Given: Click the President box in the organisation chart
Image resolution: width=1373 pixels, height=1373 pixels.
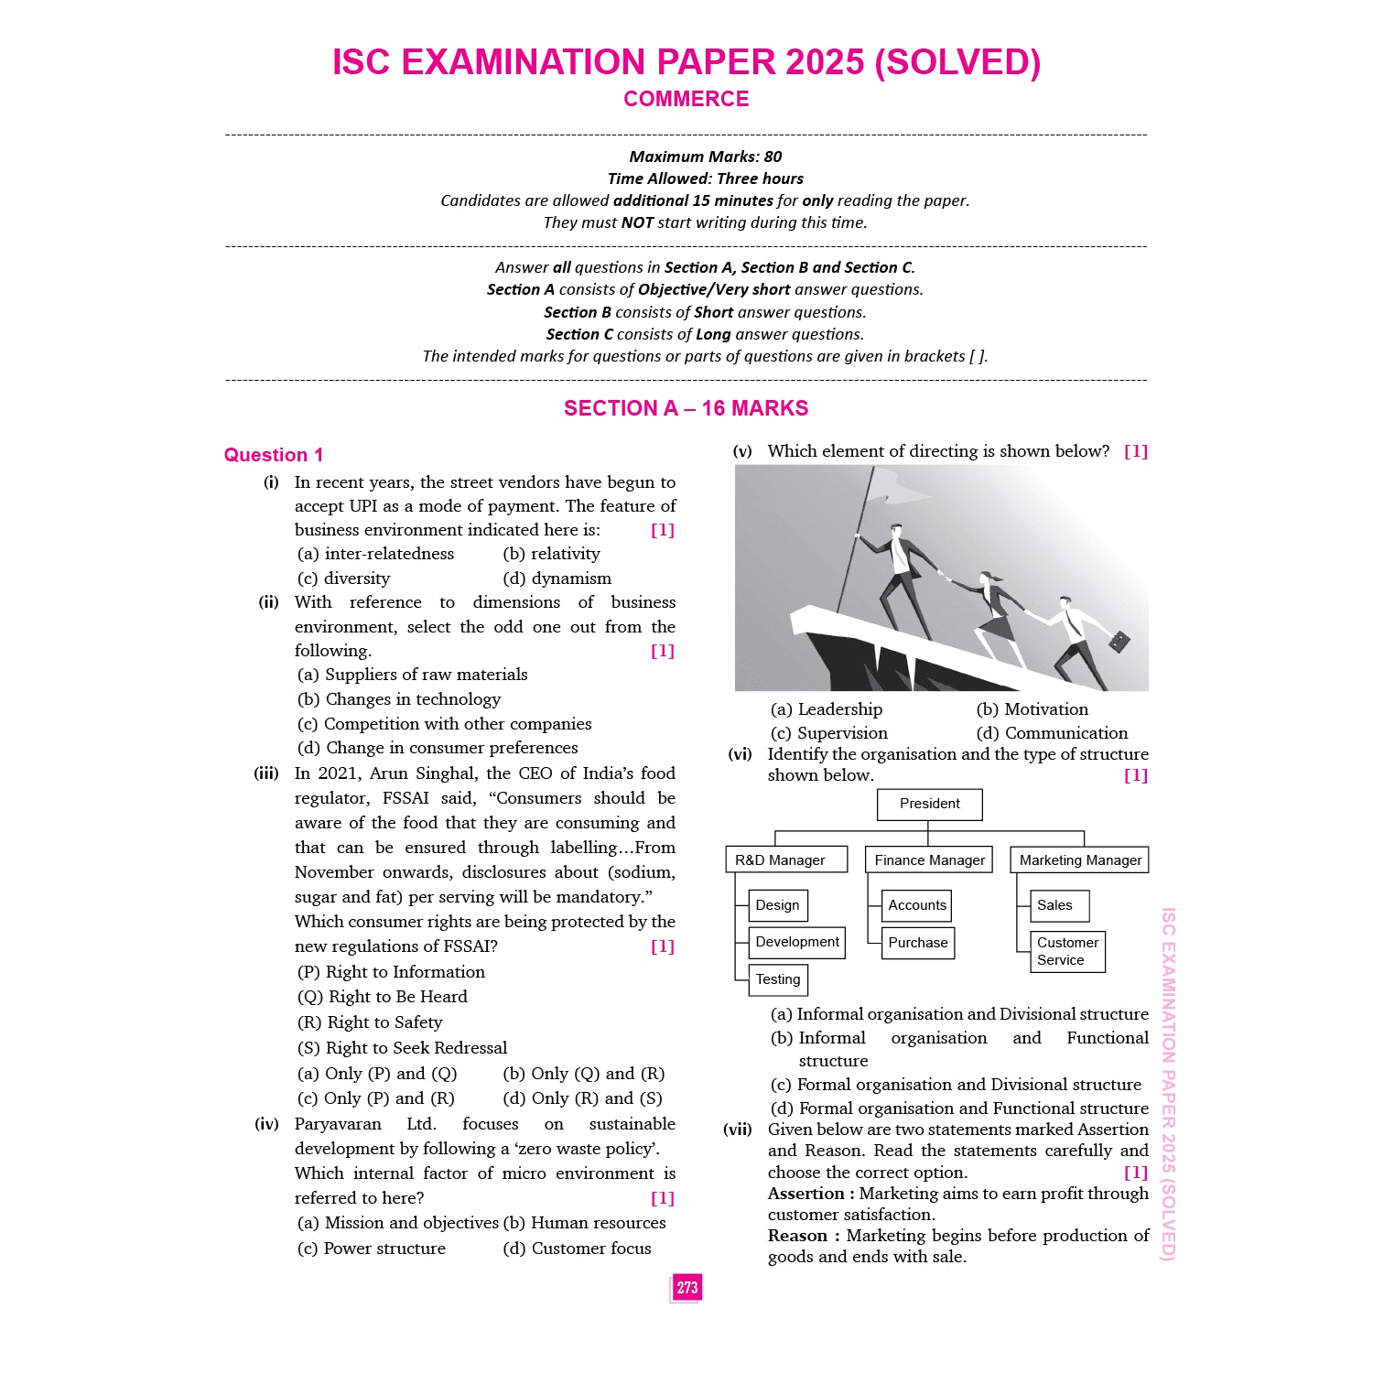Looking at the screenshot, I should (929, 804).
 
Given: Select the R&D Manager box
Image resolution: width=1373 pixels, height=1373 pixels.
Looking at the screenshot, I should (780, 859).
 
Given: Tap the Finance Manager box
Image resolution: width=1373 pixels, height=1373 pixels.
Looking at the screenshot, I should (929, 859).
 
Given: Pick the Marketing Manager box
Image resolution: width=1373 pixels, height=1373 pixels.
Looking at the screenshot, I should (1080, 859).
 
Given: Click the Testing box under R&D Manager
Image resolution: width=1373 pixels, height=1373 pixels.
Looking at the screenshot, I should (778, 979).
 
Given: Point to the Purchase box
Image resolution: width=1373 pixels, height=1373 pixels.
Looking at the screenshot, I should (917, 943).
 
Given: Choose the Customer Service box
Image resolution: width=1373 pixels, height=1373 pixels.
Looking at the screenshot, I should (1067, 951).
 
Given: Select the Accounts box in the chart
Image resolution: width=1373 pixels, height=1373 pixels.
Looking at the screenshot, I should (917, 905).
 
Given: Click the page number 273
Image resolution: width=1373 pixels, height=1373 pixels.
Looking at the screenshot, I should (686, 1288).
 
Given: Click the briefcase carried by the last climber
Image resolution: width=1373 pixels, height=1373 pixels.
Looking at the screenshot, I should (1119, 642).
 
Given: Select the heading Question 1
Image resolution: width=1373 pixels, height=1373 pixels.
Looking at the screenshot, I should (274, 455).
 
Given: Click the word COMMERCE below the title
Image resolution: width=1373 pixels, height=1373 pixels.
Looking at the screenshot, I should (686, 99).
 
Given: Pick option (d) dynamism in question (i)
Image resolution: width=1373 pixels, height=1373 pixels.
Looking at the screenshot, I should (557, 578).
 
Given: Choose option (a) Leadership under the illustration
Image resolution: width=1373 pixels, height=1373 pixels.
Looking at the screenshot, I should (827, 709).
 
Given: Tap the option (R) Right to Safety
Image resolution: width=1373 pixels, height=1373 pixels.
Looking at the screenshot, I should (370, 1022).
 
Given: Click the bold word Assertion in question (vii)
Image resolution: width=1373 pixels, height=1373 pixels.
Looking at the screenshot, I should (806, 1194).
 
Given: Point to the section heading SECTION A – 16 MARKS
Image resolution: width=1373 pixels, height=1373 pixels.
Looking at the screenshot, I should (686, 408).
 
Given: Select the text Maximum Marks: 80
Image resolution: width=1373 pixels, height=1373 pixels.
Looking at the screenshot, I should (706, 157).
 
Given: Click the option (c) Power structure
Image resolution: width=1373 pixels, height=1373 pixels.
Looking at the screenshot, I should (372, 1249).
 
